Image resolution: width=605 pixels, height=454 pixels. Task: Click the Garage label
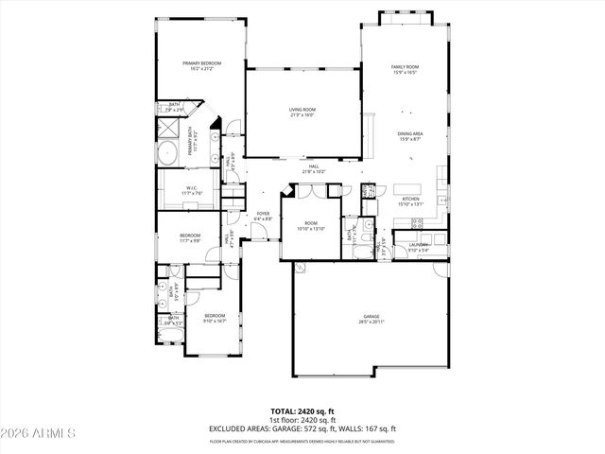(371, 319)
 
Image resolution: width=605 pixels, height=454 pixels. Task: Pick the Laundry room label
(418, 247)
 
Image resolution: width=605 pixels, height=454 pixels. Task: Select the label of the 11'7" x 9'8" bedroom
(190, 237)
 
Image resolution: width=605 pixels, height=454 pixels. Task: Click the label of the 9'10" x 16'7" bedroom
(215, 318)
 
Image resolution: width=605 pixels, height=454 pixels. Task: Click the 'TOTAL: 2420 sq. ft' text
(302, 411)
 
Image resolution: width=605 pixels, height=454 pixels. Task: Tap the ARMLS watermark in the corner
(39, 433)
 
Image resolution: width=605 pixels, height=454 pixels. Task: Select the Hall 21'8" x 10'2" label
(313, 169)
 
